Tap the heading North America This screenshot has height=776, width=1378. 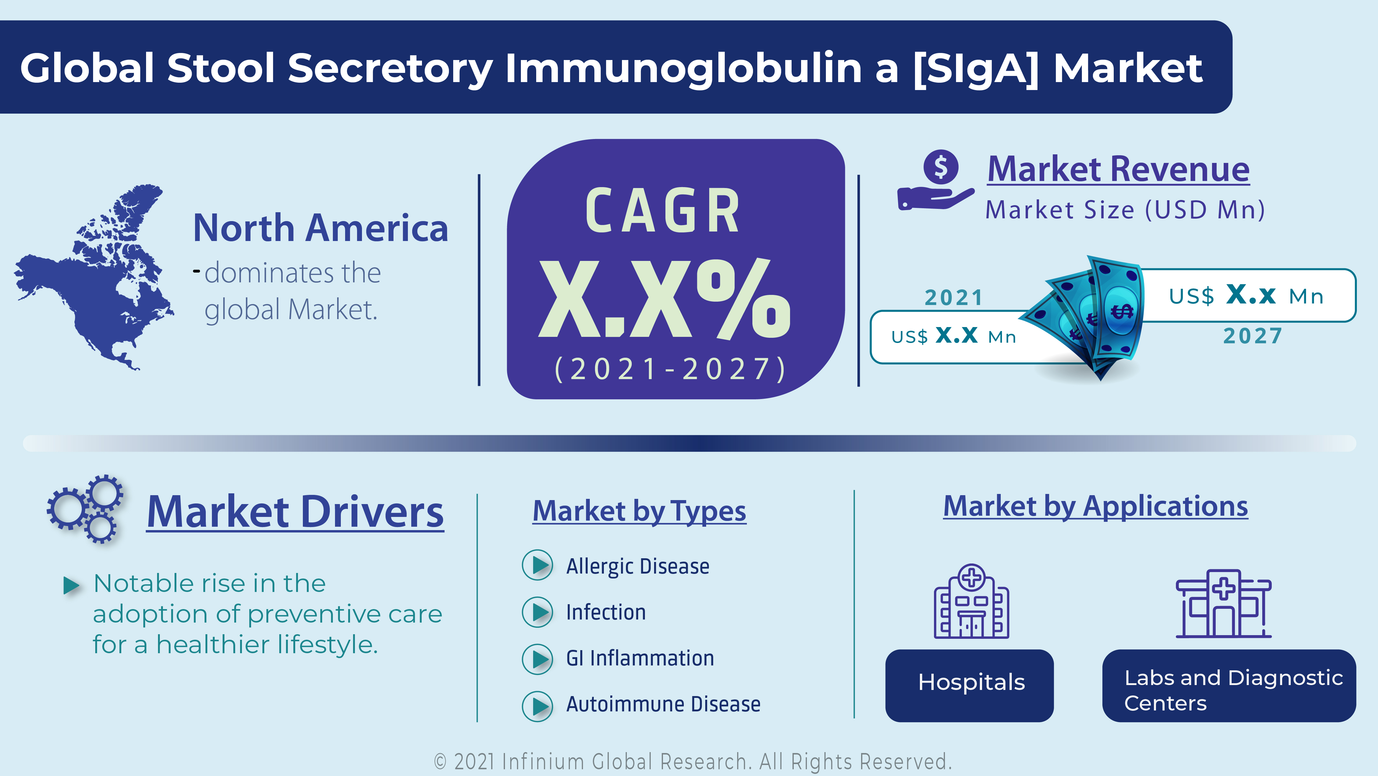pos(320,228)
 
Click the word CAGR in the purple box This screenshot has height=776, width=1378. pos(663,211)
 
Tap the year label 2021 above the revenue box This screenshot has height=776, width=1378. pos(954,297)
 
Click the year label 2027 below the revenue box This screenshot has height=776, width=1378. pos(1253,336)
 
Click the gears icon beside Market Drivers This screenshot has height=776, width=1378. pos(86,508)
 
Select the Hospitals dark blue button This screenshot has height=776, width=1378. pos(969,686)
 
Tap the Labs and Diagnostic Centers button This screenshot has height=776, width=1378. pos(1229,686)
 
